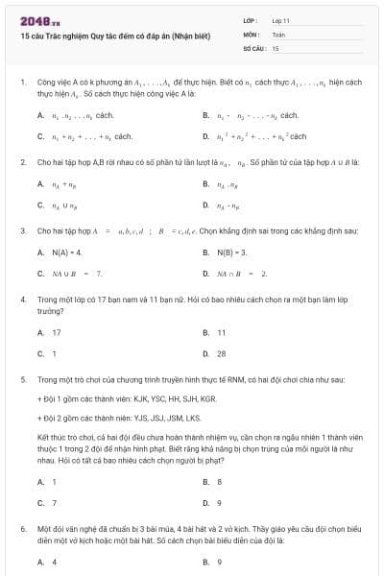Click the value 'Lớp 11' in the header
[x=281, y=19]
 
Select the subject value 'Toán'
[x=278, y=33]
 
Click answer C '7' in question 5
[x=54, y=503]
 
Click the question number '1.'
[x=22, y=84]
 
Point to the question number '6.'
[x=22, y=529]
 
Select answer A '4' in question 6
[x=54, y=562]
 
